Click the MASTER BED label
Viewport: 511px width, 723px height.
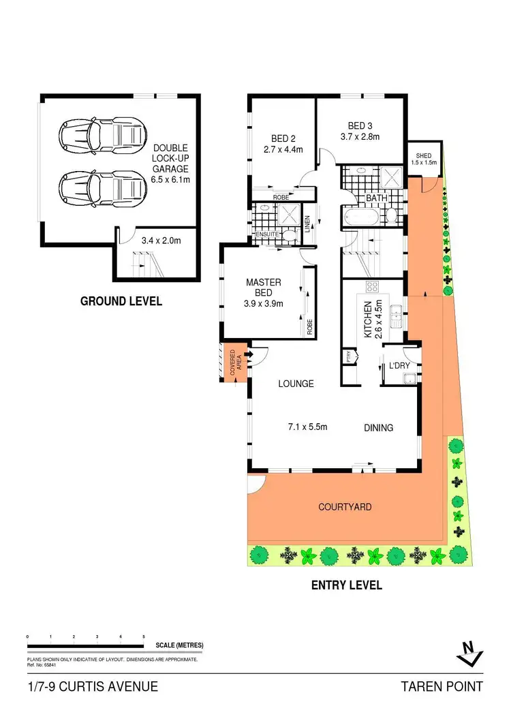click(263, 288)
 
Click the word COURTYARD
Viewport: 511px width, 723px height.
click(344, 507)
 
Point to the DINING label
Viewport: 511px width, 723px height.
click(378, 428)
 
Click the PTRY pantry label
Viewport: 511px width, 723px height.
click(349, 356)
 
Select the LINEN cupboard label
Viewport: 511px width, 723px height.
click(308, 223)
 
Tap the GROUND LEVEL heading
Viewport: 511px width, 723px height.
click(121, 301)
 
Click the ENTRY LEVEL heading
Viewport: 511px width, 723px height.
click(346, 585)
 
